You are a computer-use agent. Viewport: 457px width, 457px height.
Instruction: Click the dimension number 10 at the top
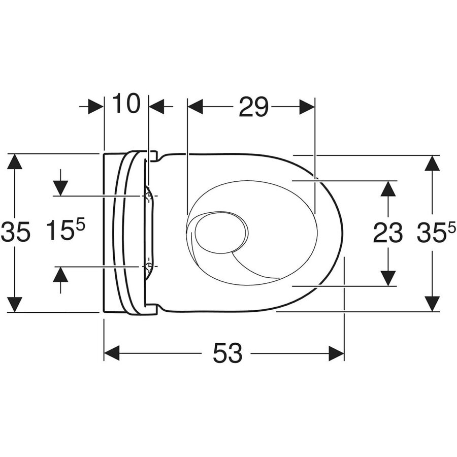(125, 105)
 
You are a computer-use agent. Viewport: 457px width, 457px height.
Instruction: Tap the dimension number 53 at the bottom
(227, 353)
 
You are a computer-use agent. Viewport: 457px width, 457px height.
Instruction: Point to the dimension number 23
(388, 233)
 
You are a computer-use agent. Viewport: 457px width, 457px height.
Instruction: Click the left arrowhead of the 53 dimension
(111, 353)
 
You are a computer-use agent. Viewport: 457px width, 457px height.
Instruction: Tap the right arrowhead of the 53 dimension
(337, 353)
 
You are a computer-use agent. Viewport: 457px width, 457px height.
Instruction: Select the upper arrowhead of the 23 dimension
(388, 188)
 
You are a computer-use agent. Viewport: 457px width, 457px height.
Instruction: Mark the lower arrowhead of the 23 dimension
(388, 278)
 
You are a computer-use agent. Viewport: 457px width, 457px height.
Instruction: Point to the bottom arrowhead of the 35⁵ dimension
(432, 304)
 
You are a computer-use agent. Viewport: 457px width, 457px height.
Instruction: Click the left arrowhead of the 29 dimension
(195, 107)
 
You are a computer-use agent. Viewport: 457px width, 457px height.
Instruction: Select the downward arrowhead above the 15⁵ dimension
(60, 188)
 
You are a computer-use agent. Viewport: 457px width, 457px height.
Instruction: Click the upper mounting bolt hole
(148, 195)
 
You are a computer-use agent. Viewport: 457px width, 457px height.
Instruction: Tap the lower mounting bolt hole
(148, 266)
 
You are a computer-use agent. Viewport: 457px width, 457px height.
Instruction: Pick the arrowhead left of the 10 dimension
(95, 107)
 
